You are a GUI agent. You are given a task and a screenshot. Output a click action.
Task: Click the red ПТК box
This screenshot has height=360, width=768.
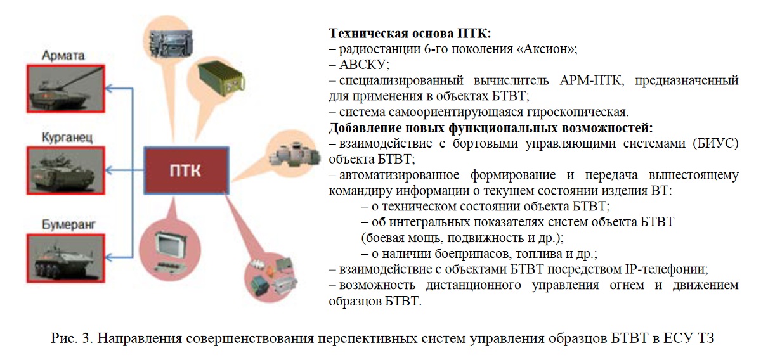186,170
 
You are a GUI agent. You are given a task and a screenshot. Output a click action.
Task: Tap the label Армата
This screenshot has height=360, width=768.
63,56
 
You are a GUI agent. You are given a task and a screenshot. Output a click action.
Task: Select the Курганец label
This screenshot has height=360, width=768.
67,138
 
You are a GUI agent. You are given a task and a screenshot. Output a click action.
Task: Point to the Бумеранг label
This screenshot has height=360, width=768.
68,225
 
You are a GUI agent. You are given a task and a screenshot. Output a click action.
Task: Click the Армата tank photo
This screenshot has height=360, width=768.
66,89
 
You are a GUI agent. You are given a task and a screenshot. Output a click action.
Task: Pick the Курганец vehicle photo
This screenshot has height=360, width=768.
66,170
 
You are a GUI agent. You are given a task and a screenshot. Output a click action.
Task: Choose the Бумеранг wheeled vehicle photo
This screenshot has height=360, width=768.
66,258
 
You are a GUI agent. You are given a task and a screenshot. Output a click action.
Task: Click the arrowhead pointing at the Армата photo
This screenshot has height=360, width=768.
109,88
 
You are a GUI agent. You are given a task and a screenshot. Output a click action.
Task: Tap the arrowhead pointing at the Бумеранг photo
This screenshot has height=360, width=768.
109,257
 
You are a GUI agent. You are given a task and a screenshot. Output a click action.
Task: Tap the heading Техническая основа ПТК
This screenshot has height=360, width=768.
410,33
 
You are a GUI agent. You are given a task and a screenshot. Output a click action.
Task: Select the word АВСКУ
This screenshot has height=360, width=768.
364,65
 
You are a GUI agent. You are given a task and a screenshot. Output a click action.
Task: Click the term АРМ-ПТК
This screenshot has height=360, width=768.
590,80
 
